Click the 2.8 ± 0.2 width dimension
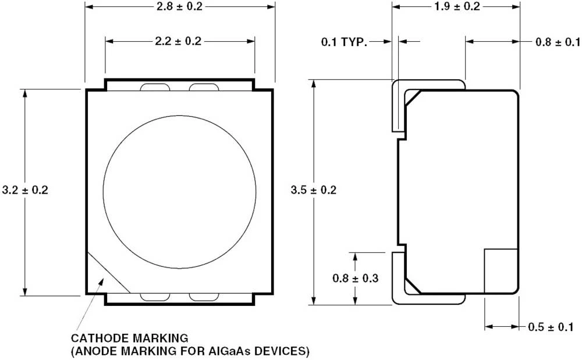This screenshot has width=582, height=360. point(180,6)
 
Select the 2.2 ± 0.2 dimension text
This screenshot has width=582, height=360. point(180,41)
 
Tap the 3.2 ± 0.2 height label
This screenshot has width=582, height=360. point(25,190)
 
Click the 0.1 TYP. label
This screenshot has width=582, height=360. point(345,42)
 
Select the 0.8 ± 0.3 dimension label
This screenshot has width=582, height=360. point(356,278)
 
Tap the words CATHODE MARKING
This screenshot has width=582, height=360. point(129,337)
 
